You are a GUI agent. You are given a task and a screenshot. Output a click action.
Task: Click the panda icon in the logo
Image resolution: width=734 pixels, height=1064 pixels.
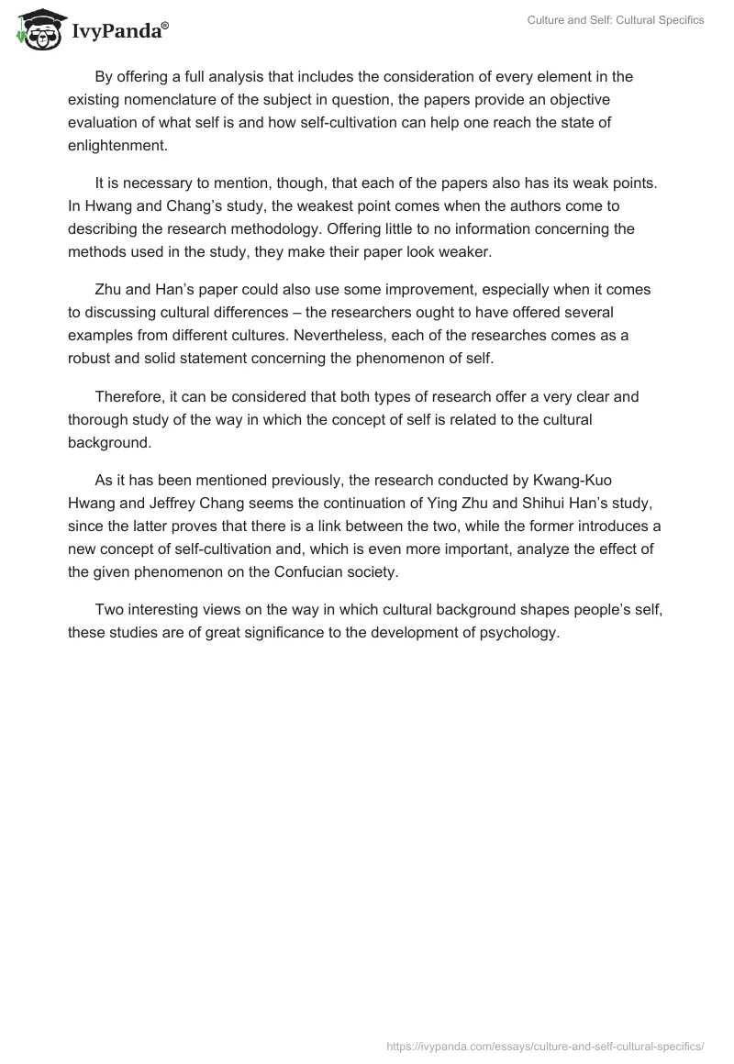(38, 29)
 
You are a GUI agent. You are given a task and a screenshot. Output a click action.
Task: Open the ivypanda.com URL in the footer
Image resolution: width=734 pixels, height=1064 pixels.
(547, 1045)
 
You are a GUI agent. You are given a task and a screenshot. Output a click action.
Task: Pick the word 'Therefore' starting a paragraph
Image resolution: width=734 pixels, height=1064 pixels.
(127, 397)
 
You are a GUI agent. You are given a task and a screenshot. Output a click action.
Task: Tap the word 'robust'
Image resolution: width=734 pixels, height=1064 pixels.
(90, 358)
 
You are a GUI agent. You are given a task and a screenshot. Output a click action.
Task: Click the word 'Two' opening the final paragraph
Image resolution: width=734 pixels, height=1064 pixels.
(108, 610)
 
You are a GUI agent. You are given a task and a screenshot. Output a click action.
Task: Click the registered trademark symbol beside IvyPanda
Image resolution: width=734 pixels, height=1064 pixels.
(165, 25)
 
